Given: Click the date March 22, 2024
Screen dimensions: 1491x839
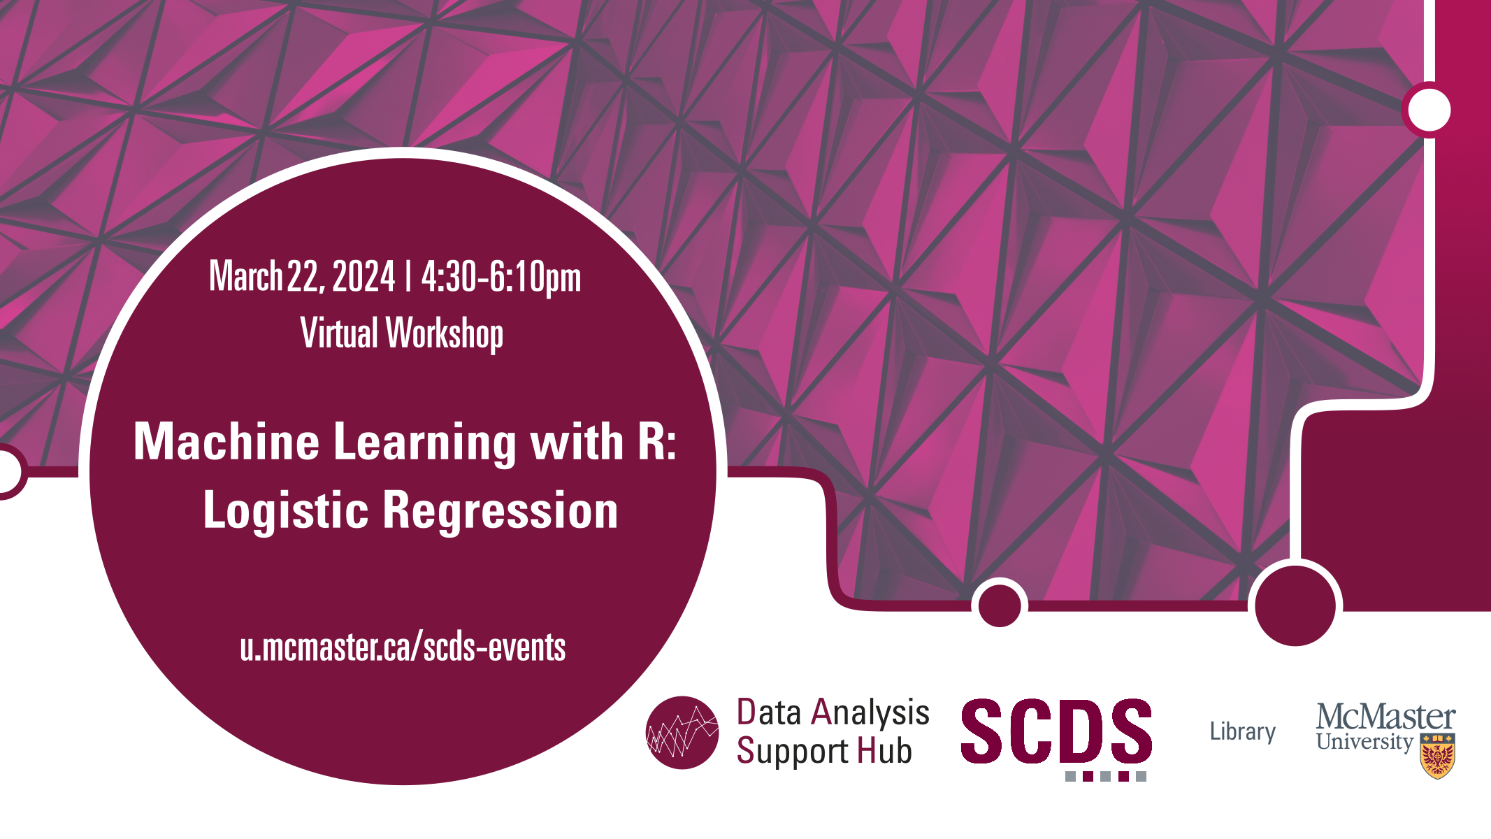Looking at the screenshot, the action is click(x=302, y=276).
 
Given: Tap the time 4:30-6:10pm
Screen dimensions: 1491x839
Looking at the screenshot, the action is click(x=501, y=278).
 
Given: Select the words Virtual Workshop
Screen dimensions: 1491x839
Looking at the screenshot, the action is click(x=402, y=334).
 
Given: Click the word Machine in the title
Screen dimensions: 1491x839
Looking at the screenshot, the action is click(x=226, y=442).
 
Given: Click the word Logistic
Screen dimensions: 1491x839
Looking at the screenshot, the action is click(x=285, y=511).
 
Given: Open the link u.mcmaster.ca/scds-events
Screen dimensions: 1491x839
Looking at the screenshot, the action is click(x=403, y=647).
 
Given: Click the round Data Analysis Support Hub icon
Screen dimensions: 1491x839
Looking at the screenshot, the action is click(x=682, y=732).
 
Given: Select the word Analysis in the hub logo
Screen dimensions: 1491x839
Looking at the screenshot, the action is click(x=870, y=713).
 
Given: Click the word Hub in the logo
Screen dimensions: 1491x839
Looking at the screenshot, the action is click(x=884, y=751).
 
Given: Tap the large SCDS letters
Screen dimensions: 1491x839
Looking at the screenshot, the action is click(x=1056, y=731).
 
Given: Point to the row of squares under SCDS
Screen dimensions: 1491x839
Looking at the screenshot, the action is click(x=1106, y=776).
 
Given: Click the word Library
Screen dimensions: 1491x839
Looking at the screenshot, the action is click(x=1243, y=732).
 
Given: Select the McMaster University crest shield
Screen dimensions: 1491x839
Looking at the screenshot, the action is click(x=1437, y=756).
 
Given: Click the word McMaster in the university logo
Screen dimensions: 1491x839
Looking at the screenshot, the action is click(x=1385, y=717).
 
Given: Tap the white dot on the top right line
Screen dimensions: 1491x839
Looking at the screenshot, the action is click(x=1429, y=110).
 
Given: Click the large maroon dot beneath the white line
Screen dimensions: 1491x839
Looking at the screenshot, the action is click(x=1295, y=605).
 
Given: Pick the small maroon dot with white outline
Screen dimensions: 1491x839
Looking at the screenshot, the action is click(x=1000, y=605).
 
